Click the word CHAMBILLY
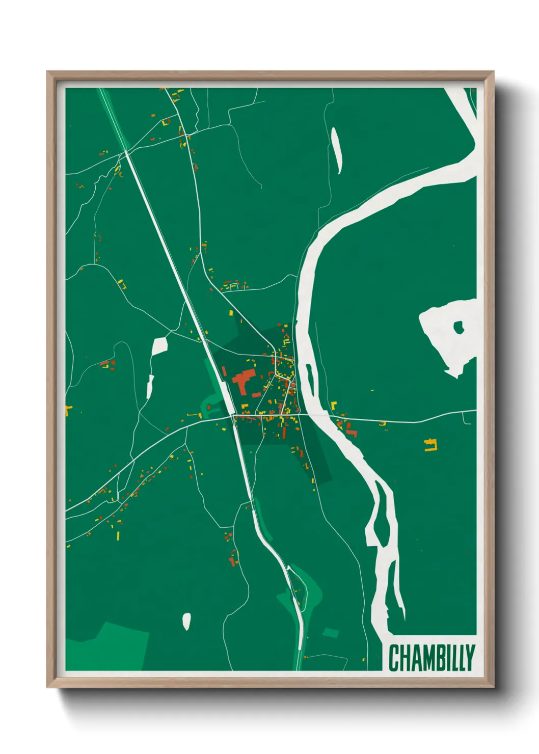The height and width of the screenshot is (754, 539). click(432, 658)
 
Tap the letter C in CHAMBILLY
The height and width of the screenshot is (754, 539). click(394, 658)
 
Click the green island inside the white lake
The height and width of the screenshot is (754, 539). click(459, 327)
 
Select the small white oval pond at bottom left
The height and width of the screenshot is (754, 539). click(186, 621)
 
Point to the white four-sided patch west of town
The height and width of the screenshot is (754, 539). click(159, 346)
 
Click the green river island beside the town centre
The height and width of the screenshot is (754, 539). click(309, 378)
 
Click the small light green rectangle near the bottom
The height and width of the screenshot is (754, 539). click(331, 633)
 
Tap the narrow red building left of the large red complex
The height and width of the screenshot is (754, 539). click(224, 371)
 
